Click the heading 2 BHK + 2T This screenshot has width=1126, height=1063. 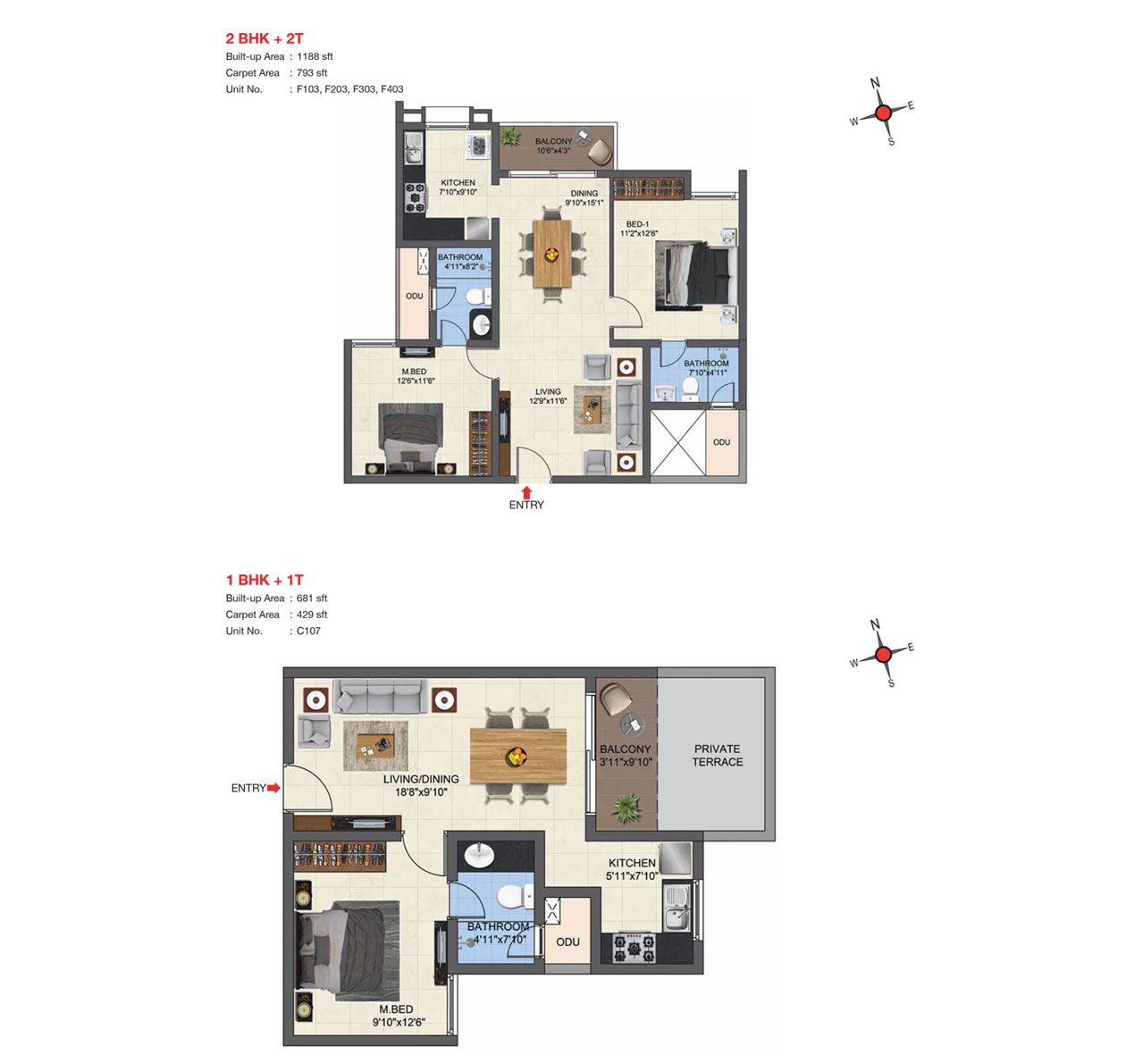(x=265, y=38)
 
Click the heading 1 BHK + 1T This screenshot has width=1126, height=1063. (x=265, y=580)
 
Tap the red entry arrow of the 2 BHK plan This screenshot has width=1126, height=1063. (x=526, y=493)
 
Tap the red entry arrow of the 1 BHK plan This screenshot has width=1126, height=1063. (x=273, y=788)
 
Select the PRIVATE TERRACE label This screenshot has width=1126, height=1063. (x=718, y=755)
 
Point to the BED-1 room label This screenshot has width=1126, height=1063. (x=638, y=224)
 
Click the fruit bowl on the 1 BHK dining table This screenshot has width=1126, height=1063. (x=517, y=756)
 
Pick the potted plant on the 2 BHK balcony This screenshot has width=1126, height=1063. (x=510, y=137)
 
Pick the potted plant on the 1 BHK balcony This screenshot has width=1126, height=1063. (x=626, y=808)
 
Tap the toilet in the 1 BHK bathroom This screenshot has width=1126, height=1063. (x=514, y=897)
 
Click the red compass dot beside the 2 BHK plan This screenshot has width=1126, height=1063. (x=883, y=113)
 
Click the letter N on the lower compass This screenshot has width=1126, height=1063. (x=875, y=624)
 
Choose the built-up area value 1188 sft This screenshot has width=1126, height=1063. (x=315, y=56)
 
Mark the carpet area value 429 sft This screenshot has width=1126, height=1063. (x=312, y=615)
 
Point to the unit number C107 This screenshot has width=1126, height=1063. (x=308, y=631)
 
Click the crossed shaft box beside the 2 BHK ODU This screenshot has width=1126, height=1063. (x=678, y=442)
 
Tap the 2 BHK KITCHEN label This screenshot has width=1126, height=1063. (x=458, y=182)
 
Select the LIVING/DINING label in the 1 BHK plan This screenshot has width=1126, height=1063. (x=421, y=779)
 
